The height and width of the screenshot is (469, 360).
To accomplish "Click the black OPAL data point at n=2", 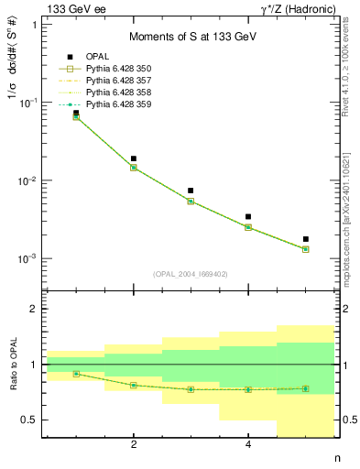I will point(134,158).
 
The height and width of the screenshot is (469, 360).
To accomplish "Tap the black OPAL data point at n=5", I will point(305,239).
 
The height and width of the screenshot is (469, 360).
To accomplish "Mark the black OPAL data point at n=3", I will point(191,191).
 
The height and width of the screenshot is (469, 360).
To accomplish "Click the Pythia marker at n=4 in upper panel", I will point(248,227).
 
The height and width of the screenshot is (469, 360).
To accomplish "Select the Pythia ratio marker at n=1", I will point(76,374).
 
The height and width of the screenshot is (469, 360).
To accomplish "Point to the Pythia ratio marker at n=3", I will point(191,389).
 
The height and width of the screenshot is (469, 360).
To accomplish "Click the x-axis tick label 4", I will point(248,445).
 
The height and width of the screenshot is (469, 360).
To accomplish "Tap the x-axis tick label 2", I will point(134,445).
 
